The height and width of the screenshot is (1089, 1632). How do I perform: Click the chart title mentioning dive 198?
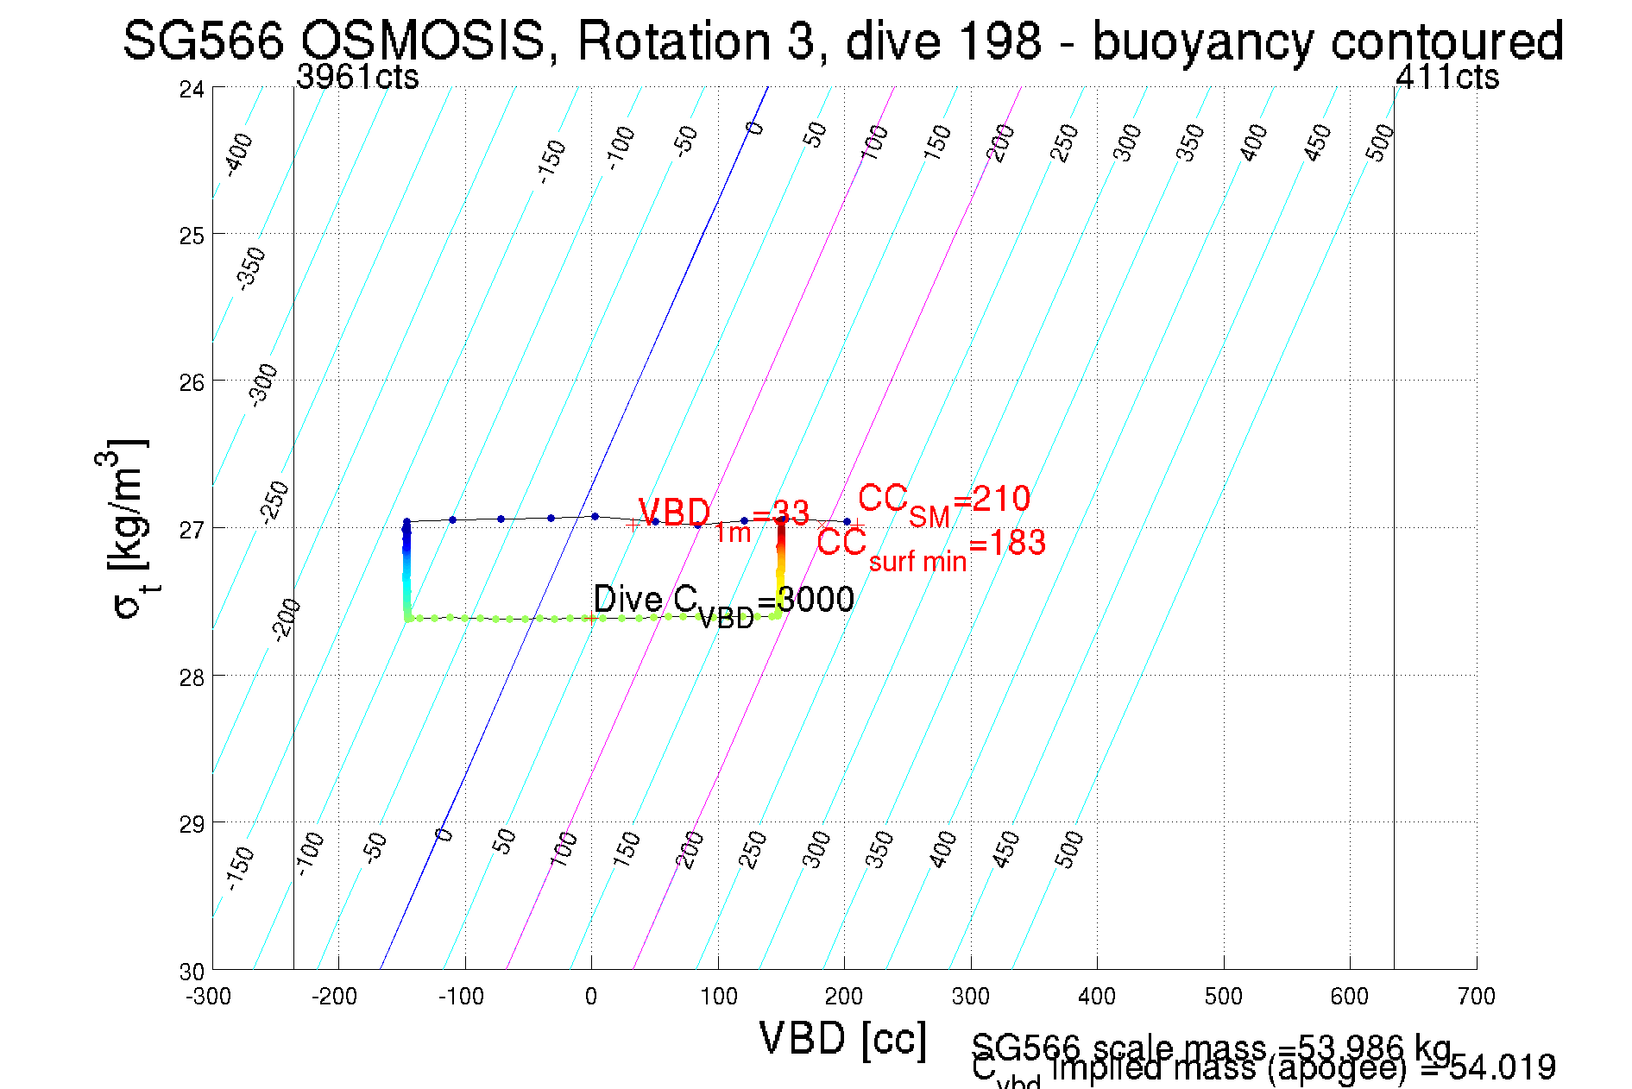coord(842,41)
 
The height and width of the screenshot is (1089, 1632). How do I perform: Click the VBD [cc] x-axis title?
coord(842,1038)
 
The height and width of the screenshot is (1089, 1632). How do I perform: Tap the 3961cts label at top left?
coord(357,78)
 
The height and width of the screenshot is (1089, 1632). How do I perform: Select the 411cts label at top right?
coord(1447,78)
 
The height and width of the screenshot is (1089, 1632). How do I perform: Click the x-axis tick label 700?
coord(1476,998)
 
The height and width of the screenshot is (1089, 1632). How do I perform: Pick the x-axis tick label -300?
coord(209,998)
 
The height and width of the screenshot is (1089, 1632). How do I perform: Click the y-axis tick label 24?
coord(192,89)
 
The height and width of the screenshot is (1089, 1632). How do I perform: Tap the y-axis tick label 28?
coord(192,677)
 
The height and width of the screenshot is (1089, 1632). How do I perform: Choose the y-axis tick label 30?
coord(192,972)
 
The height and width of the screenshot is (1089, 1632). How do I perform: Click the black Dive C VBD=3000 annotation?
coord(723,601)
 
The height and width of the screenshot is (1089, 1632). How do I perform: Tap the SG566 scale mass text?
coord(1212,1048)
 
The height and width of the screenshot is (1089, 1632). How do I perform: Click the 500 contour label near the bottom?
coord(1068,850)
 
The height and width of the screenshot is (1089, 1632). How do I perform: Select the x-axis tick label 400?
coord(1097,998)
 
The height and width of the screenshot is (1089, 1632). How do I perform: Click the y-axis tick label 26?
coord(192,382)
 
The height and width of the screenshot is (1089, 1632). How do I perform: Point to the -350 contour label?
coord(251,268)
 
